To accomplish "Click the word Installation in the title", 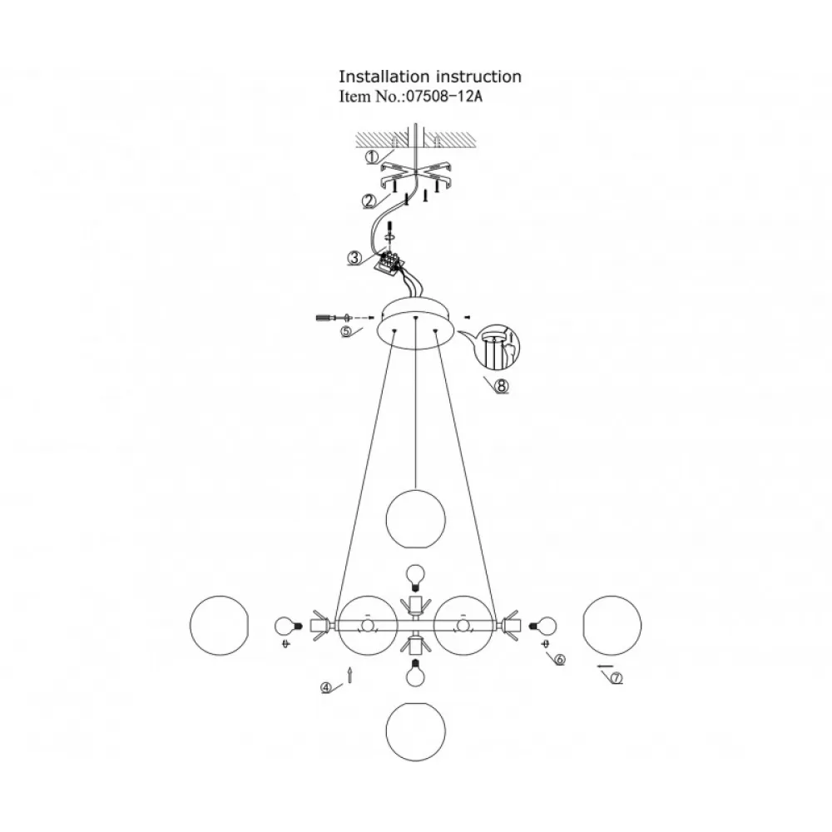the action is coord(384,77).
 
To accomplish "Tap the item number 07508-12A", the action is coord(444,97).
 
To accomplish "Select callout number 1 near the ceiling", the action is coord(372,157).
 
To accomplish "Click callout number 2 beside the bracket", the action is coord(369,201).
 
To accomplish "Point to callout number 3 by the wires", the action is coord(354,259).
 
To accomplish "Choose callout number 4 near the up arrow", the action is coord(326,688).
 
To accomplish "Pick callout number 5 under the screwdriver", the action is coord(346,332).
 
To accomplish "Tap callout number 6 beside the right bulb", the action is coord(560,660).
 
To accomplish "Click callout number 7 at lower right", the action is coord(616,678).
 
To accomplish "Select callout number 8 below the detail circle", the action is coord(502,386).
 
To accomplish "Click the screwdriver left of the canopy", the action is coord(329,318).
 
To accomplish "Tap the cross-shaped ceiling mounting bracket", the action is coord(417,176).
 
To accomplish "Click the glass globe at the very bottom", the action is coord(415,731).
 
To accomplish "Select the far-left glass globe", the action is coord(219,625).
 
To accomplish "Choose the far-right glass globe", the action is coord(612,625).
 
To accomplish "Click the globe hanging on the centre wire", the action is coord(415,519).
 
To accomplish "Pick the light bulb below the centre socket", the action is coord(415,673).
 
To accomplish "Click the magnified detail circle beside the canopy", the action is coord(498,348).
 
